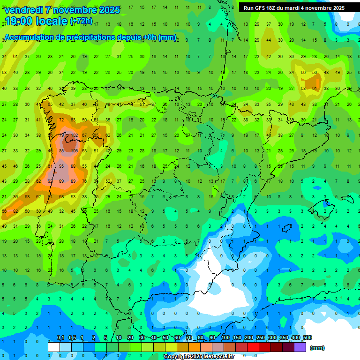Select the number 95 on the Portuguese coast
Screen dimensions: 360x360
click(61, 166)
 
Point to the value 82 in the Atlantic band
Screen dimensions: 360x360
click(15, 211)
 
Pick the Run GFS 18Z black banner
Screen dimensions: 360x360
click(294, 8)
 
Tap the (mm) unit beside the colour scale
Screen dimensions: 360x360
click(317, 348)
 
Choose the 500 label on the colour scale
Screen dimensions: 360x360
click(307, 338)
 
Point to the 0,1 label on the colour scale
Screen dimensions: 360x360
click(60, 338)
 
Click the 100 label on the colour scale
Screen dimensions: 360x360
click(225, 338)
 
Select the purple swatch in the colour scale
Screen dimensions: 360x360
click(300, 347)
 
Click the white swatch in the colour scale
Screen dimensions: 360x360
click(54, 347)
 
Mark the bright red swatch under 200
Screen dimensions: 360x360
click(253, 347)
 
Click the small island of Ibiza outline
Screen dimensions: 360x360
click(286, 228)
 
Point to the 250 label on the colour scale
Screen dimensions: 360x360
click(260, 338)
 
